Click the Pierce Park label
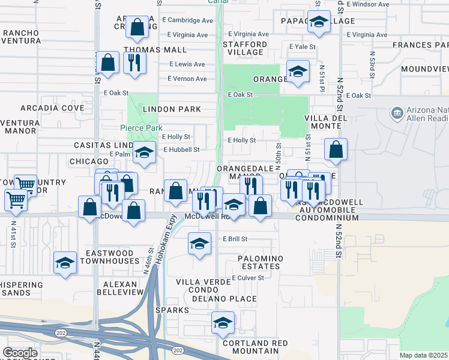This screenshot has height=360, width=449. [141, 128]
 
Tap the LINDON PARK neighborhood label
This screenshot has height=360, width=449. [172, 109]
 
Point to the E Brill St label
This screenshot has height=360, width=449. [235, 239]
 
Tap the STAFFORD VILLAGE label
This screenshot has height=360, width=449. [245, 48]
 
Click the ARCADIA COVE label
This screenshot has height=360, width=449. [52, 108]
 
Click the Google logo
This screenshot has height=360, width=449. [20, 353]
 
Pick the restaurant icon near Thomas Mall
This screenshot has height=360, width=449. [134, 61]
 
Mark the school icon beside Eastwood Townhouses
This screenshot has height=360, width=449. [65, 263]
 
